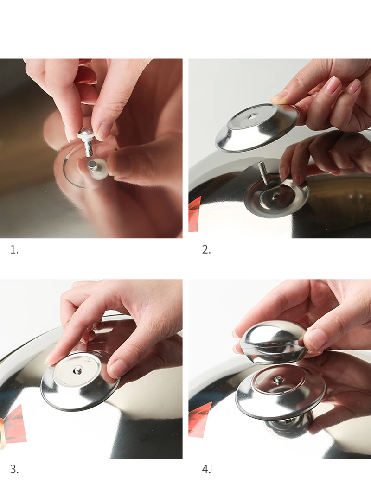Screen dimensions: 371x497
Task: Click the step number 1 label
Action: coord(14,250)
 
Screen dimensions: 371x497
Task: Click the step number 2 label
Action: coord(206,250)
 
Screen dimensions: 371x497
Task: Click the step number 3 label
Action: coord(14,469)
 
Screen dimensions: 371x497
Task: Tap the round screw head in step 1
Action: coord(87,131)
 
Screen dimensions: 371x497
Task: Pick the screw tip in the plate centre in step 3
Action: coord(77,370)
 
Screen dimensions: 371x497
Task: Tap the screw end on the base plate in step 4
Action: coord(278,379)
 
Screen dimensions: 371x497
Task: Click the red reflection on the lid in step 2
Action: coord(195,214)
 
